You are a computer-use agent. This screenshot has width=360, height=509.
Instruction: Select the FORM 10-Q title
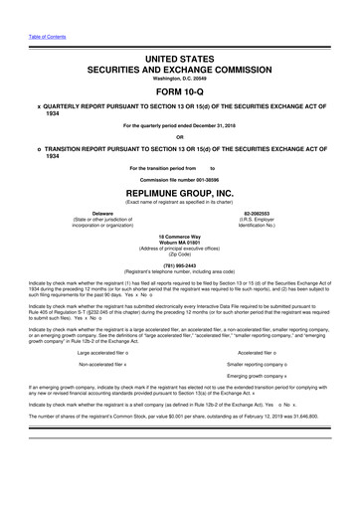(x=180, y=69)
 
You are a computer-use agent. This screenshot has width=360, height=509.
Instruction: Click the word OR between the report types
(x=180, y=137)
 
